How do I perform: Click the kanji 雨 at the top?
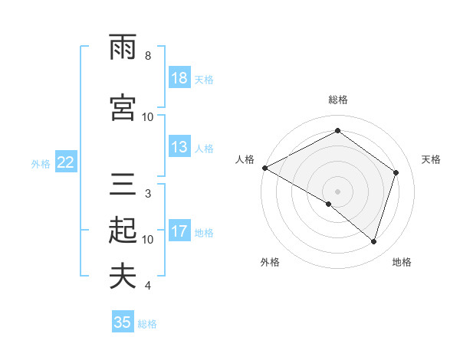tap(123, 48)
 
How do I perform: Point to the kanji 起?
tap(123, 230)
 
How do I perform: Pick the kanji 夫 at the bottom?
tap(123, 276)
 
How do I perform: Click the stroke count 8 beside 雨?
tap(148, 56)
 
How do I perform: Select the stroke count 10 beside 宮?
tap(148, 116)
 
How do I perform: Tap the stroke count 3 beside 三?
tap(148, 193)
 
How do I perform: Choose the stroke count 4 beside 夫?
tap(148, 285)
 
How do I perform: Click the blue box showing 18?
tap(179, 79)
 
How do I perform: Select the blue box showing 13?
tap(179, 147)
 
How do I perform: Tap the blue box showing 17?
tap(179, 231)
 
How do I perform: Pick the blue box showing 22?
tap(66, 162)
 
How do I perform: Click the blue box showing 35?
tap(123, 322)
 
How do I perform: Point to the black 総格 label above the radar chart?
tap(338, 100)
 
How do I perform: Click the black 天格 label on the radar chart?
tap(432, 159)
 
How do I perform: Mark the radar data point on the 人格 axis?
tap(264, 168)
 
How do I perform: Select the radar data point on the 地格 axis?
tap(374, 241)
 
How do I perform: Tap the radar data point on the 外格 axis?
tap(329, 204)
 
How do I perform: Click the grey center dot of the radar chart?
tap(338, 191)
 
